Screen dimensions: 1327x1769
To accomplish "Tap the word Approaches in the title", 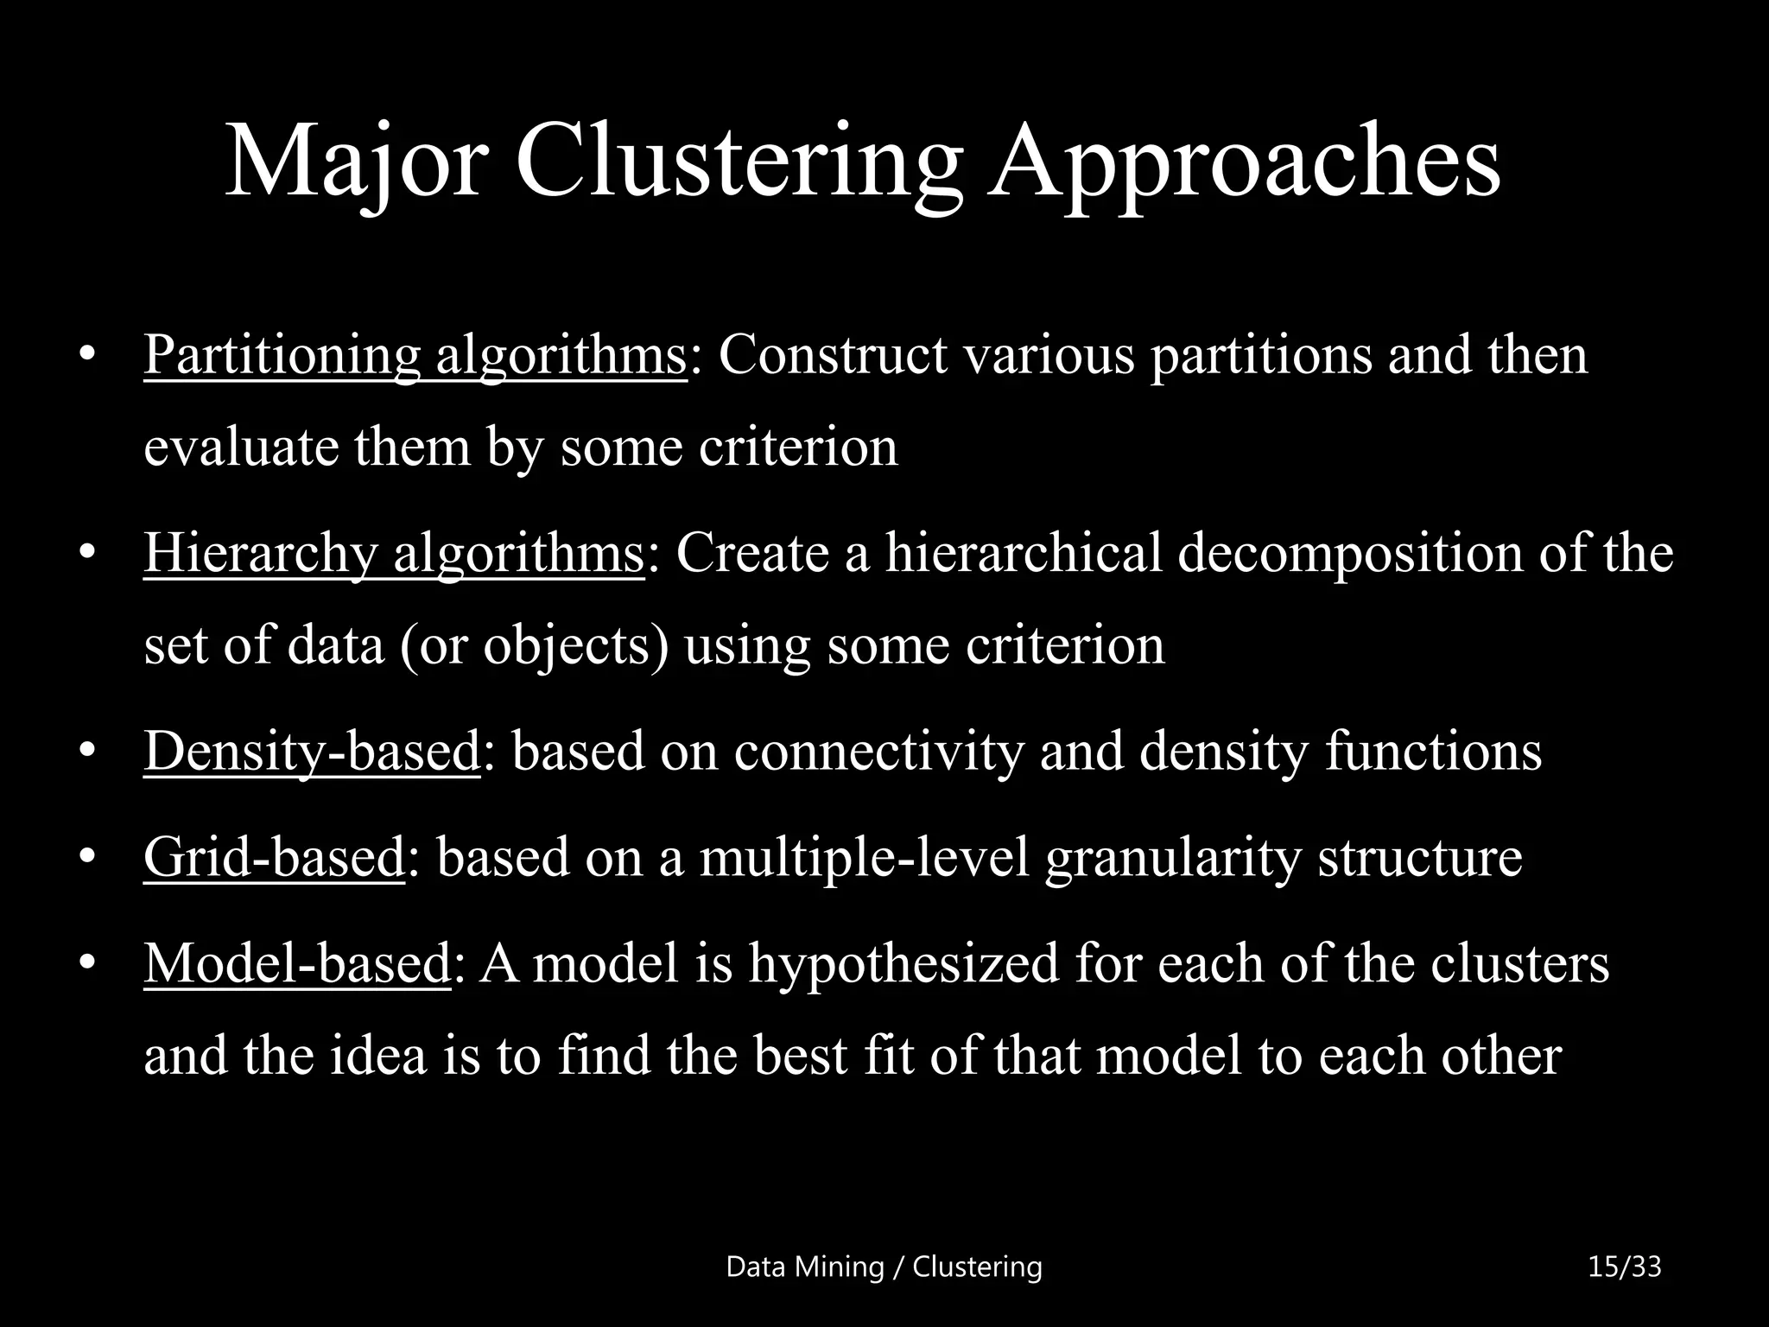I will [x=1244, y=162].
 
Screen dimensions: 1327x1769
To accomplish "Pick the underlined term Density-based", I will [x=311, y=750].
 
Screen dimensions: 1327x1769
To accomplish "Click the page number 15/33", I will [x=1624, y=1267].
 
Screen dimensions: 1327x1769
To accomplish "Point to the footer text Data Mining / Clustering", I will [x=884, y=1267].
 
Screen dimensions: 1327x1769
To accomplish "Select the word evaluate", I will [x=241, y=447].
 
